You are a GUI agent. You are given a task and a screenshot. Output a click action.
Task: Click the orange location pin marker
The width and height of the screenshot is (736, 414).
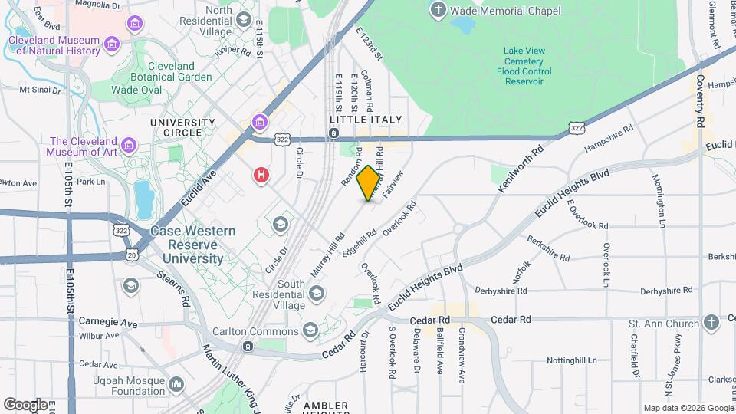tap(369, 183)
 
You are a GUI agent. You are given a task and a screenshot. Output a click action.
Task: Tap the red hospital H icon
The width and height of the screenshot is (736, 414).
tap(261, 176)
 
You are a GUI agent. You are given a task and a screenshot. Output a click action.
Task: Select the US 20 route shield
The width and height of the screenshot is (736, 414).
tap(132, 254)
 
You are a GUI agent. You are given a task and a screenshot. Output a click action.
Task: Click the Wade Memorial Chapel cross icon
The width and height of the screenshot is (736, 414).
tap(438, 11)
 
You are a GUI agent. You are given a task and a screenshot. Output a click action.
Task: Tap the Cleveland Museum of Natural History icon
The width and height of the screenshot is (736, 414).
tap(112, 45)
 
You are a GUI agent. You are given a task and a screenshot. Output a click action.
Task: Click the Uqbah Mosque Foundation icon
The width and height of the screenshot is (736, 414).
tap(176, 383)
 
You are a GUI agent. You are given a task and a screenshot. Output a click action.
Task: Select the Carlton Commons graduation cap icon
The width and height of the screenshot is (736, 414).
tap(310, 330)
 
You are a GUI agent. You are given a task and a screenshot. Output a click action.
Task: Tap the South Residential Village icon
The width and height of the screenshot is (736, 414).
tap(316, 291)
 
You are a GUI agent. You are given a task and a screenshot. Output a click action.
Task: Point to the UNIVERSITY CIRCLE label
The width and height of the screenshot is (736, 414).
tap(182, 128)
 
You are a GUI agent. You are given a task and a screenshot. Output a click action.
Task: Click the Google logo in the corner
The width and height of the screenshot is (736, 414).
tap(25, 405)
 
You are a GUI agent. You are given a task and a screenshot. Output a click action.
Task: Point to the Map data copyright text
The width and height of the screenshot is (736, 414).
tap(688, 408)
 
